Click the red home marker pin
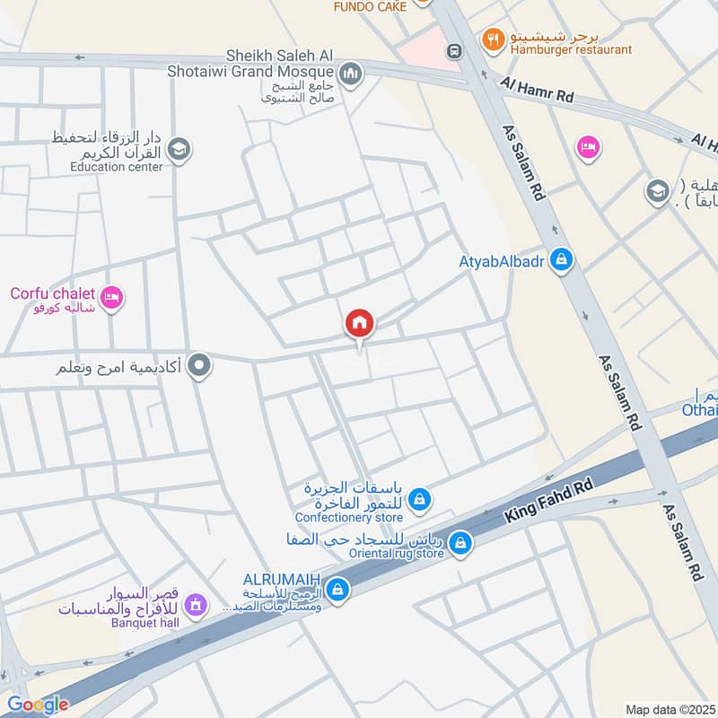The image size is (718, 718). pos(360,323)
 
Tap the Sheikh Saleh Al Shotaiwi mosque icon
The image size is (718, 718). pos(350,72)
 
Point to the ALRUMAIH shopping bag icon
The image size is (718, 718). pos(337,589)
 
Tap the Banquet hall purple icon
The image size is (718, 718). pos(198,606)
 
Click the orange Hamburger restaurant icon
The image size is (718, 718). pos(492,39)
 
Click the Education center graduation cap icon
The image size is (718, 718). pos(179,149)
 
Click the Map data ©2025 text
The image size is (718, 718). pos(670,709)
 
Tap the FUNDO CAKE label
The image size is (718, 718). pos(370,6)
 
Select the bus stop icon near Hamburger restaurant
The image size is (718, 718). pos(454,52)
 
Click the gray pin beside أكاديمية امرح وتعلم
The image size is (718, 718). pos(200,365)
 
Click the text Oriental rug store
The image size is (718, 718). pos(396,554)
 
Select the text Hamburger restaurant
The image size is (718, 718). pos(571,50)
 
